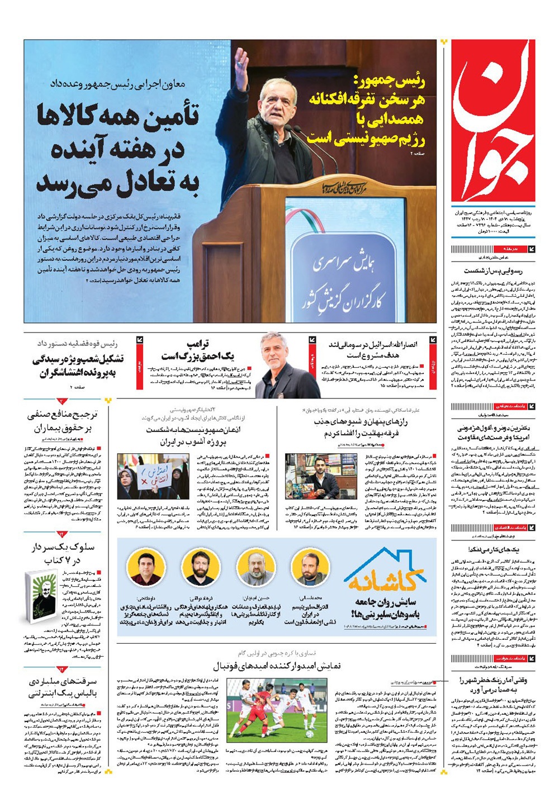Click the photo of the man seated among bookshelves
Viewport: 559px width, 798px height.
[306, 476]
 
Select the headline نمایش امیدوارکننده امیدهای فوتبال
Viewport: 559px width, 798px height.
[277, 666]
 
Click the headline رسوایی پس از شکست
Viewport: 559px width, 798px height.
[492, 270]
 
